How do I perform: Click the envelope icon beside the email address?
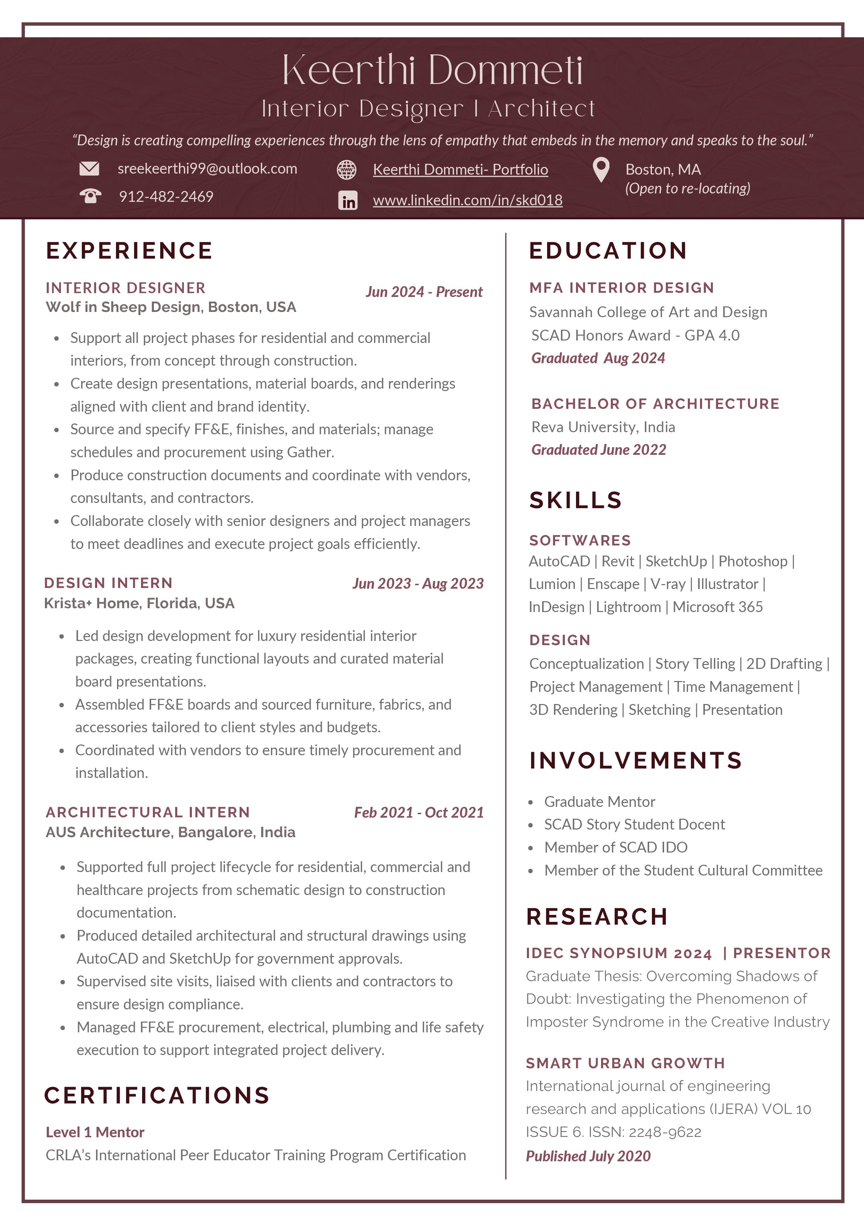pos(89,169)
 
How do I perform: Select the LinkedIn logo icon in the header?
pos(348,201)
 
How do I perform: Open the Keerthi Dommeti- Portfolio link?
pos(460,169)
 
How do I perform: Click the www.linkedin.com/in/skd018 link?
pos(467,200)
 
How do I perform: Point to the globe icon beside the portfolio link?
pos(347,170)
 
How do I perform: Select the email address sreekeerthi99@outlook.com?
pos(207,169)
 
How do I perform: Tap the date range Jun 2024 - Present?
pos(424,292)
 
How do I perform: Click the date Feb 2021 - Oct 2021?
pos(419,812)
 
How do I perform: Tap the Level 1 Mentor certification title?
pos(95,1132)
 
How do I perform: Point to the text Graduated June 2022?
pos(598,450)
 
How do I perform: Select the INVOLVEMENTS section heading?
pos(636,760)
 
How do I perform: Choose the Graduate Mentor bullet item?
pos(599,802)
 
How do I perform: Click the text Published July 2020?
pos(588,1156)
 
